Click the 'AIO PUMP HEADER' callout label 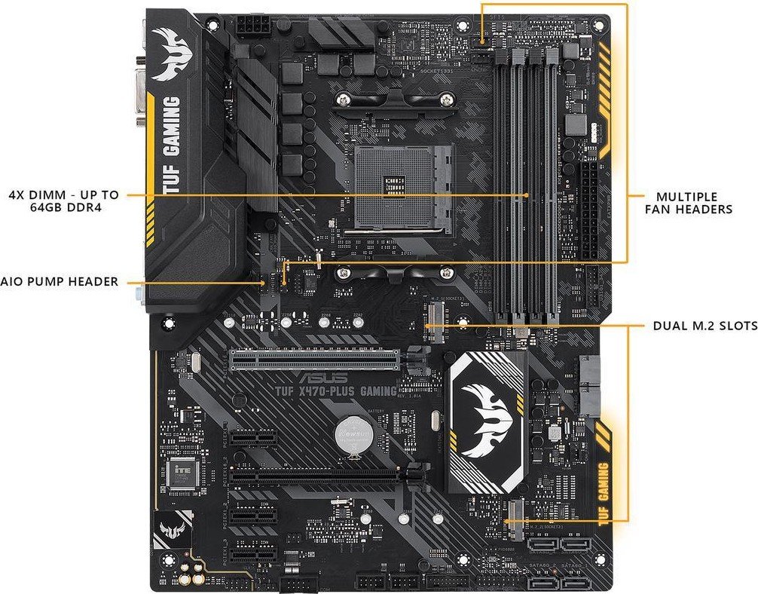pos(60,281)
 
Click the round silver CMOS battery pos(350,433)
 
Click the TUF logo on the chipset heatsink pos(486,419)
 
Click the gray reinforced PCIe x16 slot pos(314,360)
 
